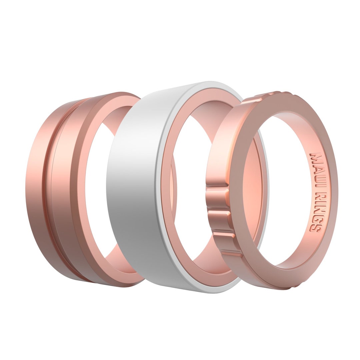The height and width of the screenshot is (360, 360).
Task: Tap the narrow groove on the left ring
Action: [49, 187]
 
